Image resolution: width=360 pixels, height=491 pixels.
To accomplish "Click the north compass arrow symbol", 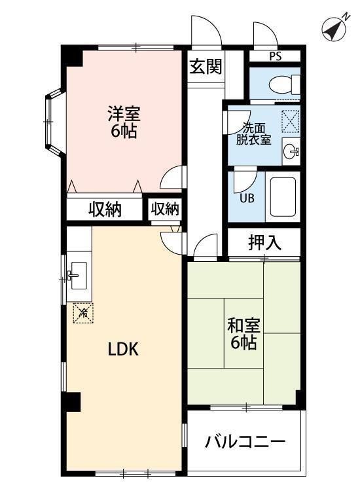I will click(x=336, y=28).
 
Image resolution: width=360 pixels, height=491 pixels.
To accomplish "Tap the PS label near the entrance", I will click(x=275, y=56).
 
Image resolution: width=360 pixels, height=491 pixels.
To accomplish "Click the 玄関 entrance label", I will click(x=206, y=67).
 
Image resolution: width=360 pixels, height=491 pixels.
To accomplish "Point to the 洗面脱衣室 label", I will click(x=253, y=134).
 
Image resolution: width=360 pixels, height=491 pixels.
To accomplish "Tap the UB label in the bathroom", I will click(x=247, y=198).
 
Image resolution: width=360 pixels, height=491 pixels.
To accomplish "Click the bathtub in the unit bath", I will click(x=283, y=198).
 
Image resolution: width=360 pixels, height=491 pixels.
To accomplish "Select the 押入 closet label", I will click(x=264, y=242).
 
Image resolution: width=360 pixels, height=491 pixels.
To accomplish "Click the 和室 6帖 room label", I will click(x=244, y=333).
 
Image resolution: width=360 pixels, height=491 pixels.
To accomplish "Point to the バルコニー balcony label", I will click(x=245, y=442).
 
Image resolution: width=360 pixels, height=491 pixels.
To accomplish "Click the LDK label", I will click(x=123, y=349).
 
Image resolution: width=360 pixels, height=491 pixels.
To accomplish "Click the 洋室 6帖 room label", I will click(x=123, y=121).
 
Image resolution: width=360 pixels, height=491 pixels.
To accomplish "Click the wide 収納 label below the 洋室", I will click(x=105, y=209).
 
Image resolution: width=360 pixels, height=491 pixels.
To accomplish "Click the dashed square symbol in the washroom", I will click(x=290, y=122).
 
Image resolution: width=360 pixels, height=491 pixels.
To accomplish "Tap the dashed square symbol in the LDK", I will click(x=83, y=312).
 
